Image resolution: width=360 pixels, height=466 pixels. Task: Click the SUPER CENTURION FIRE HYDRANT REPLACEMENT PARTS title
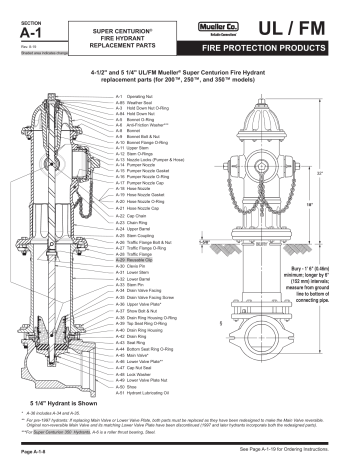coord(119,31)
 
